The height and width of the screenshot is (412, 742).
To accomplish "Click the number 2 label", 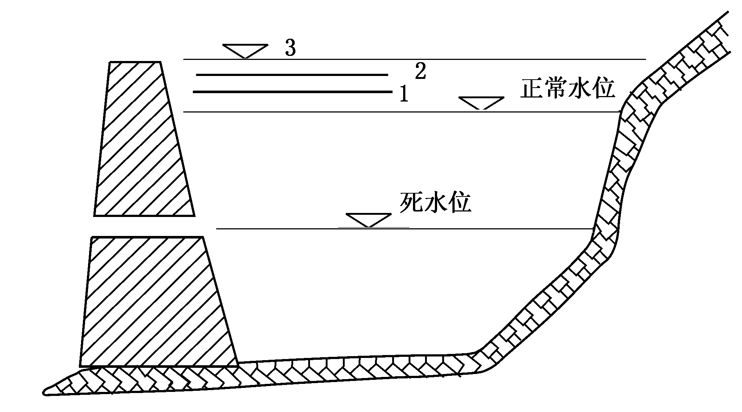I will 420,71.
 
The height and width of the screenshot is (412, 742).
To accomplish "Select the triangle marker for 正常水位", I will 481,103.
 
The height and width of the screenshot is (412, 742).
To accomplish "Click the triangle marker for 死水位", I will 368,220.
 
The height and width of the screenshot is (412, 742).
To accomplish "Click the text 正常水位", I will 567,88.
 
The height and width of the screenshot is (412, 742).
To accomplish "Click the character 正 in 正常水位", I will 532,88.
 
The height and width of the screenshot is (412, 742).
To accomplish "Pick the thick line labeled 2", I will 292,75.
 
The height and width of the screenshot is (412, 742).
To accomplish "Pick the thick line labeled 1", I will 292,92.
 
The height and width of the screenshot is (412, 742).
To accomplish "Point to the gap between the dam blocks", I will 146,226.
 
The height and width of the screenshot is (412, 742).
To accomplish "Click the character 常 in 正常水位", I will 555,88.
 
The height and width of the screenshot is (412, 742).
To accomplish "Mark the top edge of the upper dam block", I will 135,62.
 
